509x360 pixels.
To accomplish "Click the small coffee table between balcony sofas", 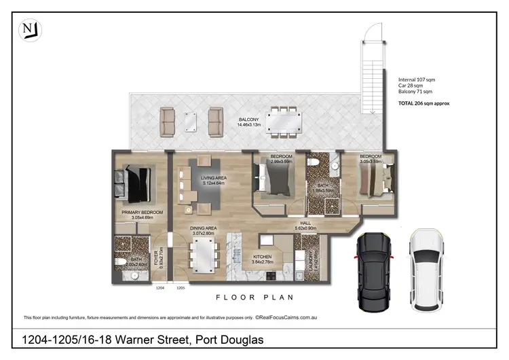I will point(191,121).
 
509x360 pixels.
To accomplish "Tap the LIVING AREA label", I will point(214,177).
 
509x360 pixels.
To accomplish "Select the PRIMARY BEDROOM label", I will point(140,212).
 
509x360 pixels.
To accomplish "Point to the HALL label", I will point(305,222).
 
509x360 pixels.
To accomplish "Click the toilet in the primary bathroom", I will point(119,261).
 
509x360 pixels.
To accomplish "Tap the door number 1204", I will point(160,288).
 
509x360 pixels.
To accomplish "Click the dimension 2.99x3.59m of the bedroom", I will point(281,162).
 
